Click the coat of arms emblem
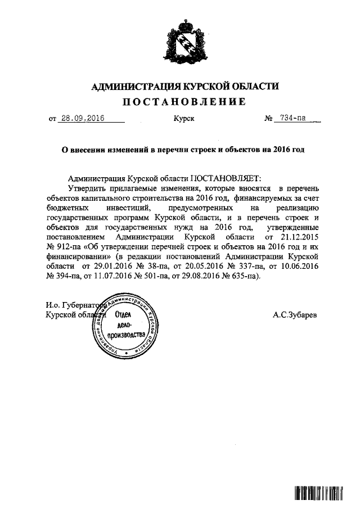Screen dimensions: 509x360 click(184, 42)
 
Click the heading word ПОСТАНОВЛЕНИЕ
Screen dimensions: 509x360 click(184, 102)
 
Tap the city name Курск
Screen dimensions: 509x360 click(184, 119)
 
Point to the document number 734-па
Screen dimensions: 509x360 click(293, 119)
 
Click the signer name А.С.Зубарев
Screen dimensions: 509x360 click(295, 316)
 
